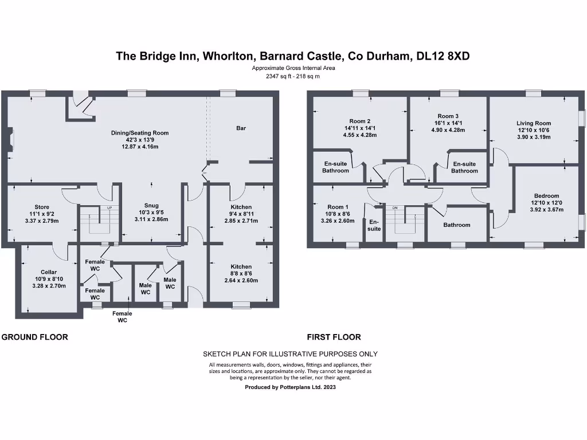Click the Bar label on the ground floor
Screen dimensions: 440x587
[241, 128]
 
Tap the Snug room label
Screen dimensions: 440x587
[151, 206]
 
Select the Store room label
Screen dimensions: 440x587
[42, 207]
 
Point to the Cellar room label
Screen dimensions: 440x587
[49, 272]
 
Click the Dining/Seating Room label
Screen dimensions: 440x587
[140, 133]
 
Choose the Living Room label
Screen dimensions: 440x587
[533, 123]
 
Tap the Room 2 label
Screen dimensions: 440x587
[359, 121]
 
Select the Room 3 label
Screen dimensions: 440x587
[448, 116]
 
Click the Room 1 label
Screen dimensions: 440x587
[338, 207]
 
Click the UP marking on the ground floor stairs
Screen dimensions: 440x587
[109, 207]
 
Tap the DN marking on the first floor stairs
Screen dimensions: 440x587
[395, 207]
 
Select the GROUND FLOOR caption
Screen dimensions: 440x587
[35, 337]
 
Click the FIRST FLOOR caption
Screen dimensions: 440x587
[334, 337]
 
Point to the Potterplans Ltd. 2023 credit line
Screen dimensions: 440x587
[290, 387]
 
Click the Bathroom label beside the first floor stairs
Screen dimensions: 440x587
[457, 225]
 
